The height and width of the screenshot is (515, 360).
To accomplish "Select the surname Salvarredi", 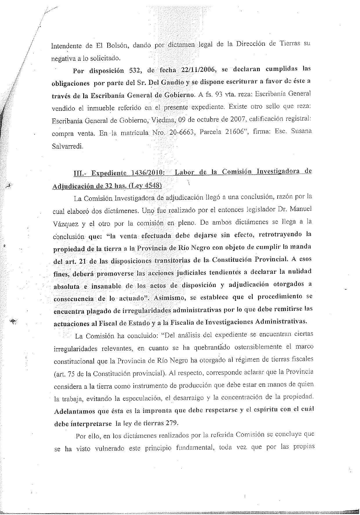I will (67, 146).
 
